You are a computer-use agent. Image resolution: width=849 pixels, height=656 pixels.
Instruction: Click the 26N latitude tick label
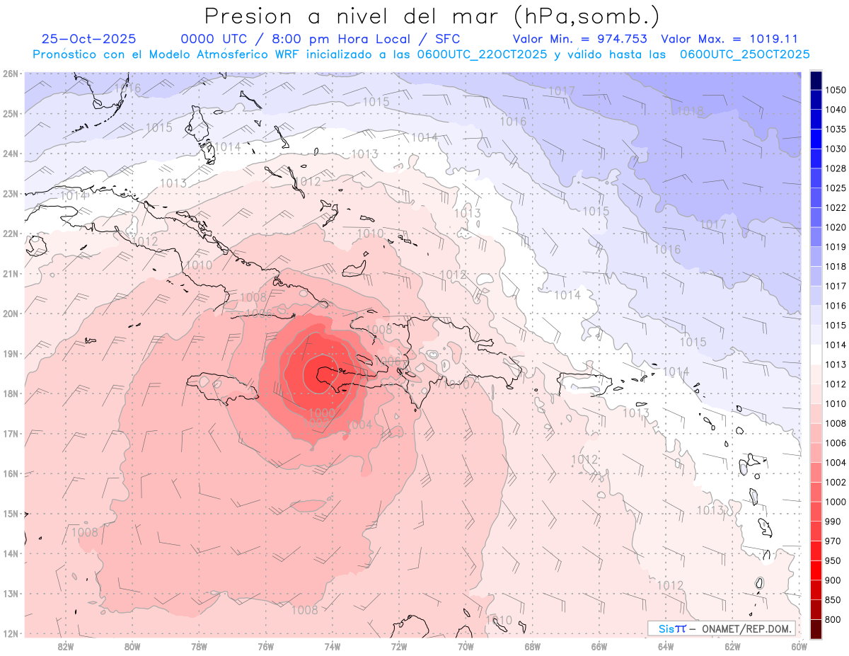coord(10,74)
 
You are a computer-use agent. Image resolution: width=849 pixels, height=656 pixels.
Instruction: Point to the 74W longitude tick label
coord(333,645)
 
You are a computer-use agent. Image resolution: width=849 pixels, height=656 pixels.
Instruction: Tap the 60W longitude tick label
coord(799,645)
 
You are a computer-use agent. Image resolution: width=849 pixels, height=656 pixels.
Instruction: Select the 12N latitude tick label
coord(10,633)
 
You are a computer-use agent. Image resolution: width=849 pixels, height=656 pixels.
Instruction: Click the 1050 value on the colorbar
coord(836,90)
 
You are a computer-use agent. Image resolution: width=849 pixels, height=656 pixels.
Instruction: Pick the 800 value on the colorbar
coord(833,619)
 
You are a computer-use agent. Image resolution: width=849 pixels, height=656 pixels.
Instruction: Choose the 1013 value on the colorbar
coord(836,364)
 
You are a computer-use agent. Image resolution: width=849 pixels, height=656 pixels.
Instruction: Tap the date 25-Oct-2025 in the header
coord(89,39)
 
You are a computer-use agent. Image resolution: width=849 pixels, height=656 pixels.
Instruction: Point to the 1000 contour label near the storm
coord(323,413)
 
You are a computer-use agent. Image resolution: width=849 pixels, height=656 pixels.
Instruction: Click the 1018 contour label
coord(691,111)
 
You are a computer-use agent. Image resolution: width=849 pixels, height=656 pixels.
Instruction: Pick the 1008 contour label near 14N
coord(85,532)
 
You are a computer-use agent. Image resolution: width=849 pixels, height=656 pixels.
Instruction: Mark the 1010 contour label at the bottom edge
coord(499,621)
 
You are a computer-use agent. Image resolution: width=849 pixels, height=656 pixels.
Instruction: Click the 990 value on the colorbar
coord(833,521)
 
